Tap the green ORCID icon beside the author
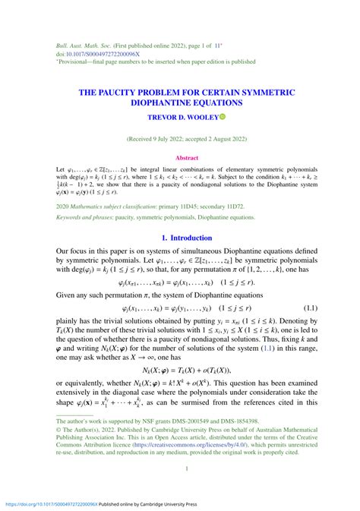(x=223, y=116)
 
